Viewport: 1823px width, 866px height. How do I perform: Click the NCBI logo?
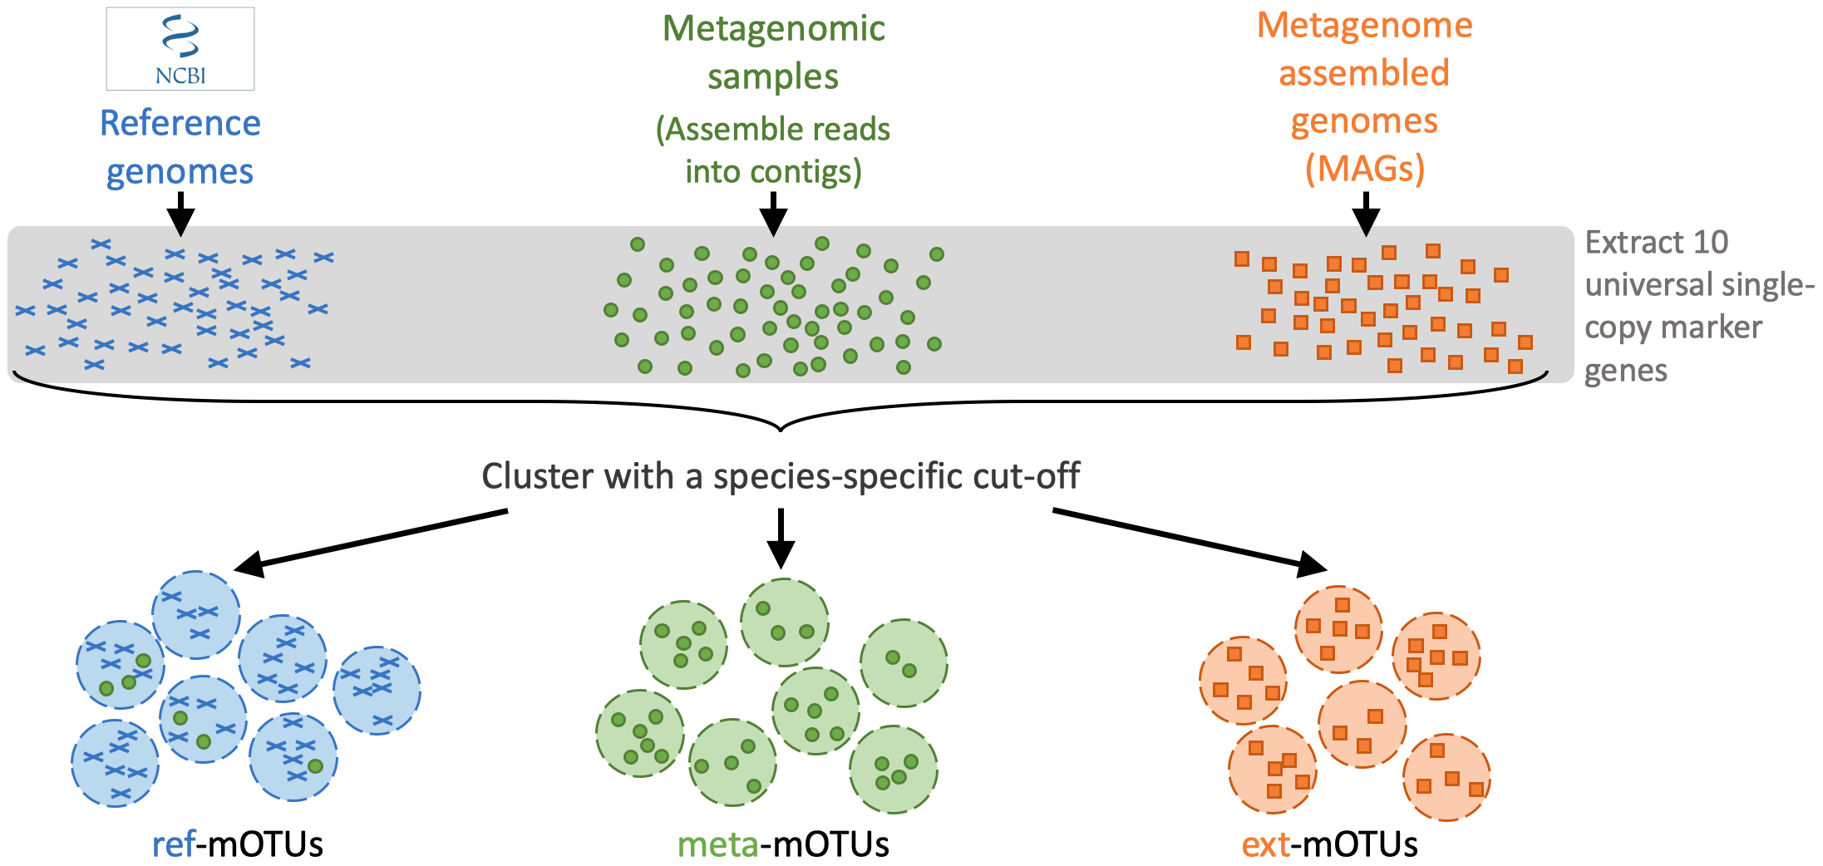(180, 49)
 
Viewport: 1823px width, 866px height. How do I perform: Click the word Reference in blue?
(180, 123)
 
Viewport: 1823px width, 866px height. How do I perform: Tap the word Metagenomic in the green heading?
(773, 28)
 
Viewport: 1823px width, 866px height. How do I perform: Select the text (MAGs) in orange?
(1365, 169)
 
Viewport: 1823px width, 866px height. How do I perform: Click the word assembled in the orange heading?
(1364, 73)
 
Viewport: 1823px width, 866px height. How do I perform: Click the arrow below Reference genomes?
(180, 214)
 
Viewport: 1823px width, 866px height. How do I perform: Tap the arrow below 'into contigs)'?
(773, 214)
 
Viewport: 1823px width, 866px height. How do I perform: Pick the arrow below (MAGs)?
(1366, 214)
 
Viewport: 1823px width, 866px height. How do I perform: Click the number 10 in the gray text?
(1710, 243)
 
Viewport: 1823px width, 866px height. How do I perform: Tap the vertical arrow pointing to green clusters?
(781, 538)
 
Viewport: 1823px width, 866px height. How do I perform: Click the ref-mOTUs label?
(238, 844)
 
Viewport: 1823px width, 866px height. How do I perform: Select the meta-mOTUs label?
(783, 844)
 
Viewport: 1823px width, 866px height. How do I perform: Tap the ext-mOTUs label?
(1329, 844)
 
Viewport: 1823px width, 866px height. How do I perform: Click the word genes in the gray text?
(1626, 371)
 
